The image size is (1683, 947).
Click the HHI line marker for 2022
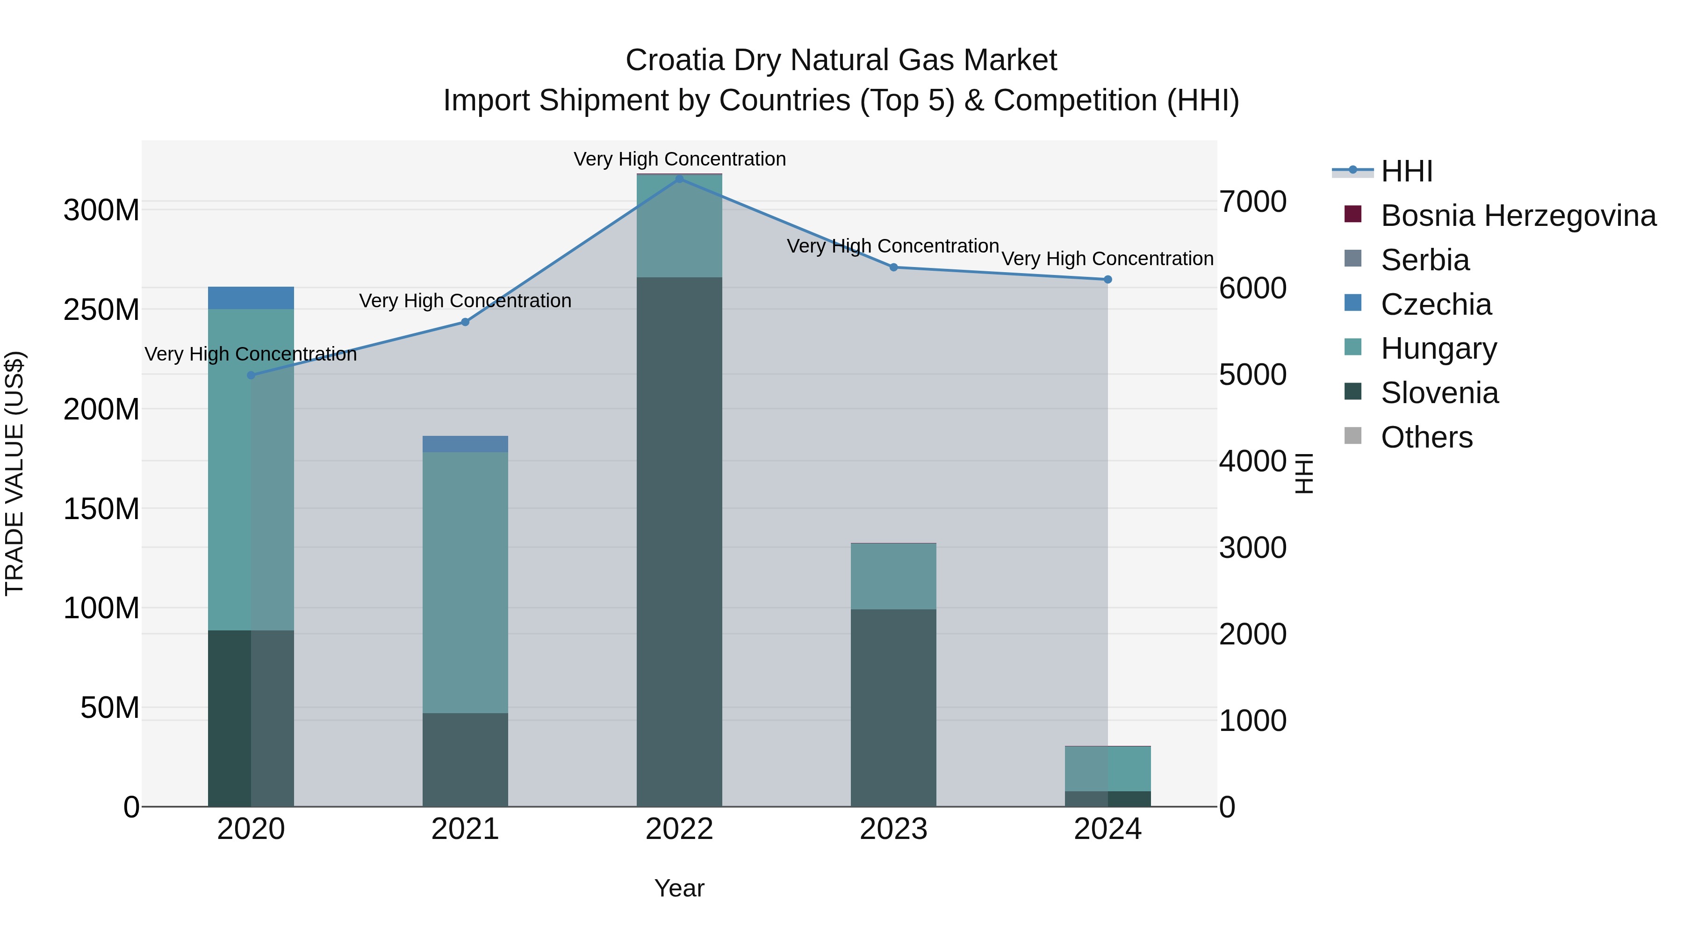click(679, 179)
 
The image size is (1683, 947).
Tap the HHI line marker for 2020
click(251, 375)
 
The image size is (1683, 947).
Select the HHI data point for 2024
click(1108, 280)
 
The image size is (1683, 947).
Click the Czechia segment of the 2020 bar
click(251, 298)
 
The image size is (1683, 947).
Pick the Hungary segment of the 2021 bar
click(465, 582)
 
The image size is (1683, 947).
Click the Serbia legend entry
click(1424, 260)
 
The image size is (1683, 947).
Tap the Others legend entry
click(1426, 437)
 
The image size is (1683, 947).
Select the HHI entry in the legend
click(1406, 171)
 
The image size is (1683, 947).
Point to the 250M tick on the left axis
click(101, 310)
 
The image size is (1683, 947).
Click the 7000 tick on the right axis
click(1252, 202)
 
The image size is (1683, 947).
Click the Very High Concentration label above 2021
click(465, 301)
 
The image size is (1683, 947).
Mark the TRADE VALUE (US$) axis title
click(14, 473)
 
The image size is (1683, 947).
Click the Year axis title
click(679, 888)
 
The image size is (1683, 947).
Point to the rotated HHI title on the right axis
click(1304, 473)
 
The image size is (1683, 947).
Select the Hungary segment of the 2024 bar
click(1108, 768)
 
